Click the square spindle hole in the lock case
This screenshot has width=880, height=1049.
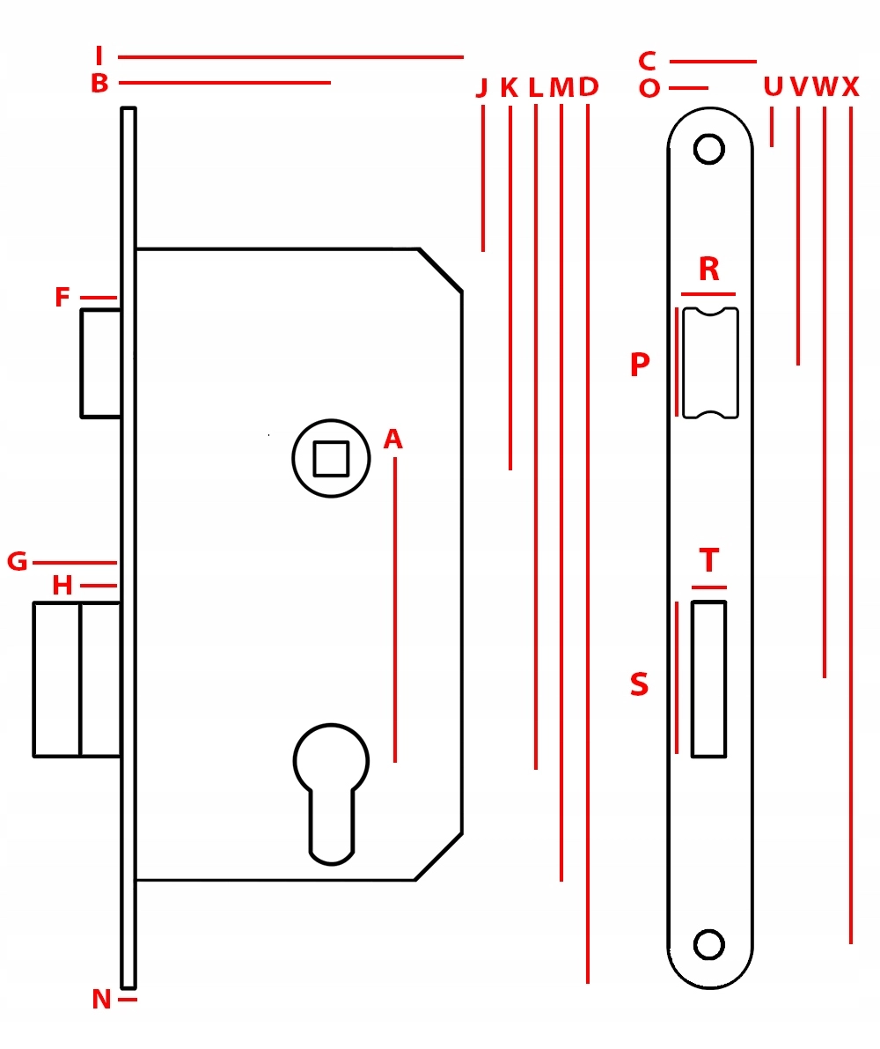tap(332, 458)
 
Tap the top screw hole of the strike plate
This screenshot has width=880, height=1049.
tap(709, 149)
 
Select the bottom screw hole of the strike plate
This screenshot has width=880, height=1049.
tap(709, 944)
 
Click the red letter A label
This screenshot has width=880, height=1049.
tap(392, 439)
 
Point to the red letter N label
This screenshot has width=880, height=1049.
tap(101, 999)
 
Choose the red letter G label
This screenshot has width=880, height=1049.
tap(18, 561)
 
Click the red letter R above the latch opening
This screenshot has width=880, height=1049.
tap(709, 269)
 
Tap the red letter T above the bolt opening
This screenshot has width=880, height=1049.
tap(709, 560)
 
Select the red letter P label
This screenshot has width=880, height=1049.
tap(640, 364)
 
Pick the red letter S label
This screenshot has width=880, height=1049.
tap(640, 684)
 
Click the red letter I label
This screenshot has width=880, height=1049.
tap(99, 55)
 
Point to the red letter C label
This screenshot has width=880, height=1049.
tap(647, 61)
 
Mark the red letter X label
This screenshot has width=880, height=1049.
tap(850, 86)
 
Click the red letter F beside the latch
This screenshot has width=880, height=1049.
tap(62, 296)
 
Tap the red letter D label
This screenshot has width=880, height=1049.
tap(588, 86)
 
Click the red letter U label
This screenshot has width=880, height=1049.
tap(774, 86)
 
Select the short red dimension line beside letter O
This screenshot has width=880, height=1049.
tap(688, 88)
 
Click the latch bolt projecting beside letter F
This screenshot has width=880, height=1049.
tap(101, 363)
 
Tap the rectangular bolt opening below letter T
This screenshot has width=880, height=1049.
tap(709, 679)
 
